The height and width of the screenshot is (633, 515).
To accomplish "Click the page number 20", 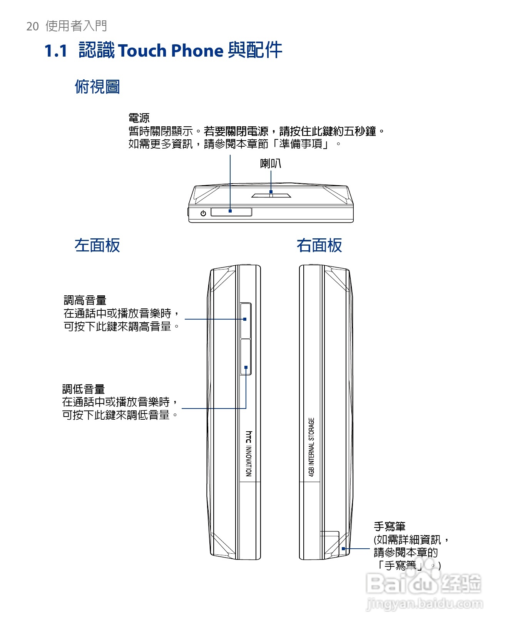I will [x=32, y=26].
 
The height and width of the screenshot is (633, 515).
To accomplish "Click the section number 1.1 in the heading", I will [x=56, y=51].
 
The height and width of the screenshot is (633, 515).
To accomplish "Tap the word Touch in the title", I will [x=142, y=51].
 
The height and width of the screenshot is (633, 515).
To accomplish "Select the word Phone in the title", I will [x=197, y=51].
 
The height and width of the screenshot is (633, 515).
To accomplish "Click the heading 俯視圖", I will [x=97, y=87].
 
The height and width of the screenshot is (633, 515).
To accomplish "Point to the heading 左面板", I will [x=97, y=245].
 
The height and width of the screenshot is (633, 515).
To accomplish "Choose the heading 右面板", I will [x=319, y=245].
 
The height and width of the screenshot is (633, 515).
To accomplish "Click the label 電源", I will [x=139, y=118].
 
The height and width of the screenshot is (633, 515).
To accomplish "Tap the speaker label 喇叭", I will [x=271, y=164].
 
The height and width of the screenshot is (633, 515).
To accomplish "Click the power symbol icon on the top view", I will [x=203, y=213].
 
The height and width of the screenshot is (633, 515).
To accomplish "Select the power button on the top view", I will [x=231, y=212].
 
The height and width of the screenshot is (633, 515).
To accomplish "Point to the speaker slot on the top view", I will [x=271, y=195].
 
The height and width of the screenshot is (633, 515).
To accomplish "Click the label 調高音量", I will [x=85, y=300].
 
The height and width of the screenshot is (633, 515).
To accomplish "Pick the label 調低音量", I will [x=84, y=389].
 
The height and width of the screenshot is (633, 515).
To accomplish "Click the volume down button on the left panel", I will [x=246, y=357].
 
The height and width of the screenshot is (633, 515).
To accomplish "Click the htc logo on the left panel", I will [x=249, y=437].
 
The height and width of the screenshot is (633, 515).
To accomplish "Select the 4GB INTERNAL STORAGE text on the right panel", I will [x=311, y=447].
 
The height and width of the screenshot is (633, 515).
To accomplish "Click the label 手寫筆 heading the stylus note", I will [x=390, y=526].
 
